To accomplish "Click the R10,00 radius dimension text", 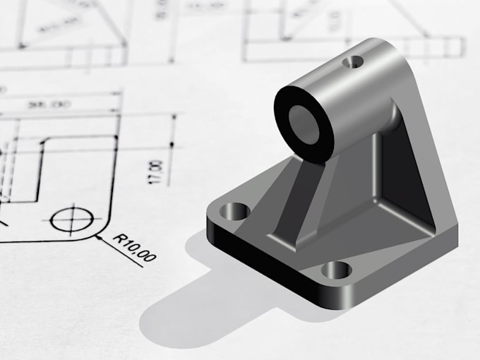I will pos(135,248).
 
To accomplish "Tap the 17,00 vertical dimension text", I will pos(157,172).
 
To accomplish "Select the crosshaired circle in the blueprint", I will pos(71,220).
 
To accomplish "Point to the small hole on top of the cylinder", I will pos(351,64).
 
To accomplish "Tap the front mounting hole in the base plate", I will pos(336,269).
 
